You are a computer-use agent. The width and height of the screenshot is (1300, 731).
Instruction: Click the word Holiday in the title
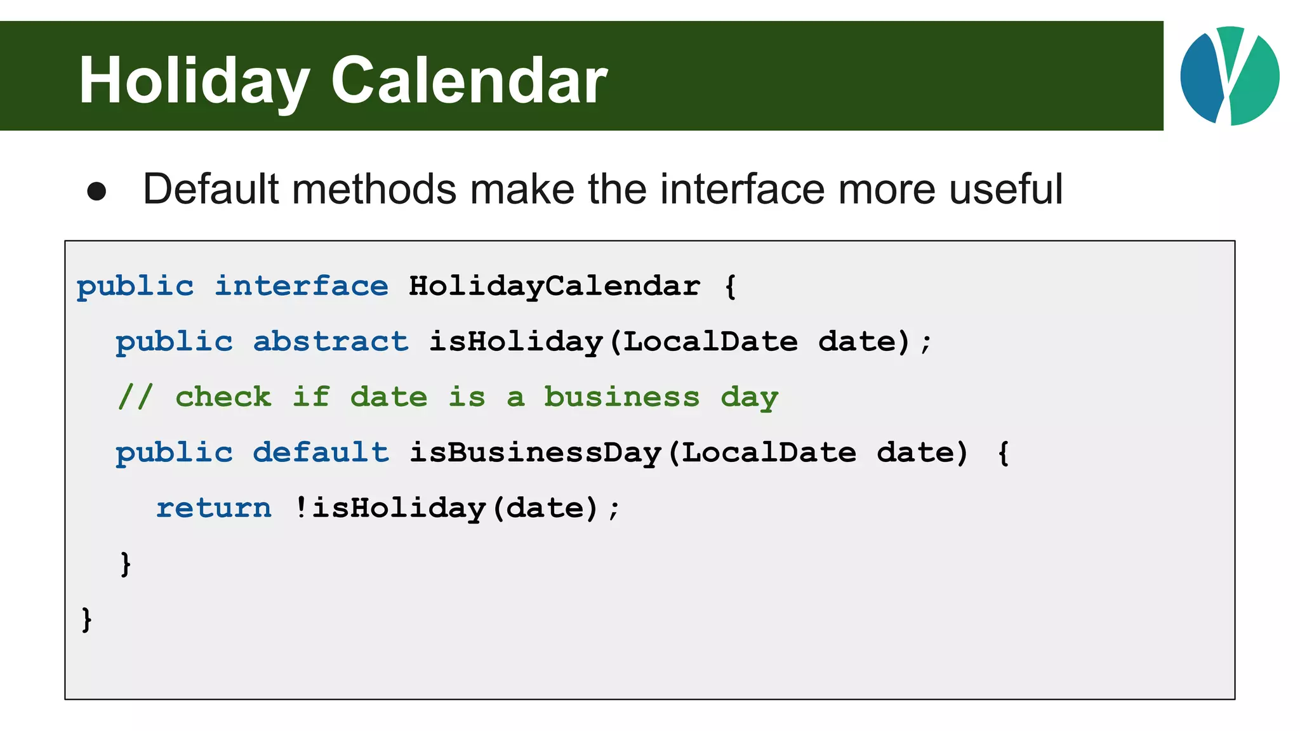pos(194,81)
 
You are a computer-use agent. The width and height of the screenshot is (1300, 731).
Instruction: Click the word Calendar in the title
pos(469,81)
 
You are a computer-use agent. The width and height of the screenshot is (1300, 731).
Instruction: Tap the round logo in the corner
pos(1230,76)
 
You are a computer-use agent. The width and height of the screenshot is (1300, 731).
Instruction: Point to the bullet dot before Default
pos(96,191)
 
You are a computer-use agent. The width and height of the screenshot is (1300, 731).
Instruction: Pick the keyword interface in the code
pos(302,286)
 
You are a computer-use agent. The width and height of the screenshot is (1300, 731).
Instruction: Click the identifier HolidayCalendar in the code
pos(554,286)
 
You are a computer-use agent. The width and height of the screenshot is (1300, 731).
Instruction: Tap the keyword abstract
pos(331,341)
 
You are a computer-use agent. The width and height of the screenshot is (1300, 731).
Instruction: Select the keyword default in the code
pos(321,452)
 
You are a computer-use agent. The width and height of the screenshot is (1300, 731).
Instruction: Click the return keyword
pos(214,508)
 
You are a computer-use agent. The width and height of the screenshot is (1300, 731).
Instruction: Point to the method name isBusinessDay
pos(535,452)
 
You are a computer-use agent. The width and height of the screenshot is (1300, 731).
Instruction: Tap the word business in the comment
pos(621,397)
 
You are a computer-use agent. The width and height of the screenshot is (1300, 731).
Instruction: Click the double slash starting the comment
pos(135,397)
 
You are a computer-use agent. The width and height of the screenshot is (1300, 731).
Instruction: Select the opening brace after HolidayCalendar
pos(731,286)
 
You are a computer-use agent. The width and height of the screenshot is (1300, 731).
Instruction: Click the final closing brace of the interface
pos(86,619)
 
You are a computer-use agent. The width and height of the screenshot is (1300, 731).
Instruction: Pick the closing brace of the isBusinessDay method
pos(125,563)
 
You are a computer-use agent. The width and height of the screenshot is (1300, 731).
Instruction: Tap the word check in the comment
pos(223,397)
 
